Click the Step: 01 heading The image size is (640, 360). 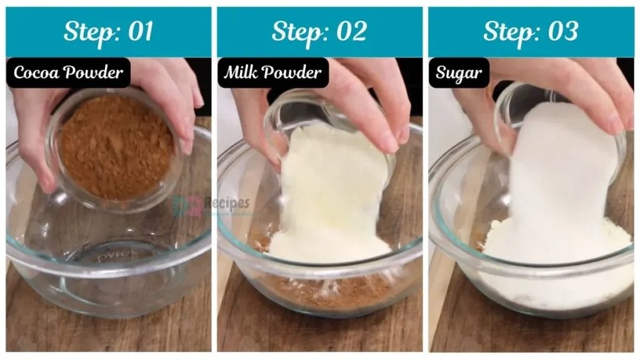[108, 32]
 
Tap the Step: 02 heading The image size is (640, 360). [319, 32]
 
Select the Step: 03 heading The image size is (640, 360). [531, 32]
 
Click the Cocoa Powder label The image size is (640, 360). [68, 73]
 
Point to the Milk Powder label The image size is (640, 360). [272, 73]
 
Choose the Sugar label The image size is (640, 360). [459, 73]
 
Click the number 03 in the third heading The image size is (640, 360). [562, 32]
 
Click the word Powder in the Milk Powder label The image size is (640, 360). [298, 73]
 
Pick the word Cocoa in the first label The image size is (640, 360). [36, 73]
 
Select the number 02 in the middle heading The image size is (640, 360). [351, 32]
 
